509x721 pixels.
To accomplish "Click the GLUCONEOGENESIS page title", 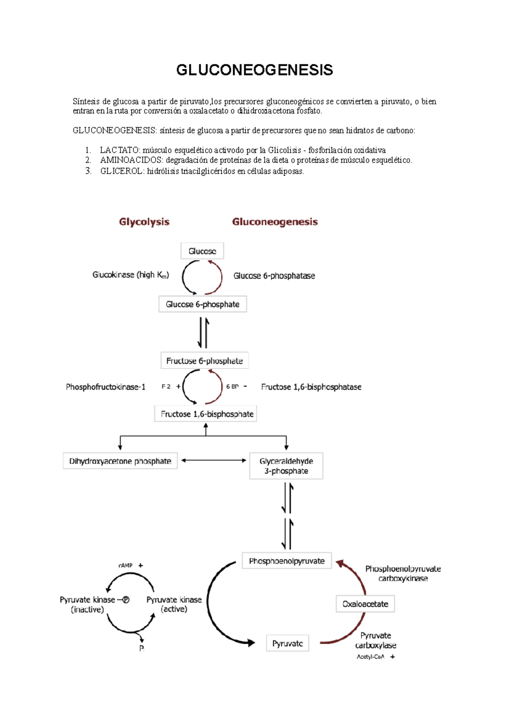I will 255,70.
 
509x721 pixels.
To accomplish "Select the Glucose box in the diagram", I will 202,251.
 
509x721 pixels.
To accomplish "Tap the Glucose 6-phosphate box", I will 202,304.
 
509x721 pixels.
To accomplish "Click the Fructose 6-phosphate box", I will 204,360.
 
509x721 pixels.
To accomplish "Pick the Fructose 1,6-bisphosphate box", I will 206,414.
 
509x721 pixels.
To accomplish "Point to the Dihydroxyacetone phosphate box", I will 120,461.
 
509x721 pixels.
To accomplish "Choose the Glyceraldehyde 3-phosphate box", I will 286,466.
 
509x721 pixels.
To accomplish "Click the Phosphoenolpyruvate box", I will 287,561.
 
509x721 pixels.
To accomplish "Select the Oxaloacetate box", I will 365,604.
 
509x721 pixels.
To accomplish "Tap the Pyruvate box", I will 288,643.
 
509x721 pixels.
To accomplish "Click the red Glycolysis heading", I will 144,222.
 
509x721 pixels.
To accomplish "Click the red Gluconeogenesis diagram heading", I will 275,222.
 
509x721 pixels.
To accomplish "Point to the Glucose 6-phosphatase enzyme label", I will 274,276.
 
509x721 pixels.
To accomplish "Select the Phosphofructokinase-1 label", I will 106,387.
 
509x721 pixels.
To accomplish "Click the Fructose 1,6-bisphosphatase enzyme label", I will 311,387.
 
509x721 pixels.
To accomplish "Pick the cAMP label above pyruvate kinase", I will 126,566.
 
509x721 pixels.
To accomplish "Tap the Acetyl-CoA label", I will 370,657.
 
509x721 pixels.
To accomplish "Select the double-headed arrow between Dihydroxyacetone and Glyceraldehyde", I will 214,460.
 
